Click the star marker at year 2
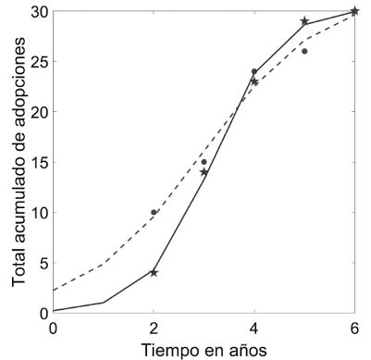coord(154,272)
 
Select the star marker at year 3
coord(204,172)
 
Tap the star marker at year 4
coord(254,81)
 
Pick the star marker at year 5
coord(304,21)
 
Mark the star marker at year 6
coord(354,11)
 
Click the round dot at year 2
coord(154,212)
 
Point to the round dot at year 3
coord(204,162)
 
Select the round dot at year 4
coord(254,71)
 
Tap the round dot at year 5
coord(304,51)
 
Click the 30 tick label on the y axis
coord(38,12)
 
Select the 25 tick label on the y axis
coord(38,62)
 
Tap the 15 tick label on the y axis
coord(38,163)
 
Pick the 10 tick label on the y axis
coord(38,213)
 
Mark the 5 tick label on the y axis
coord(43,263)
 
